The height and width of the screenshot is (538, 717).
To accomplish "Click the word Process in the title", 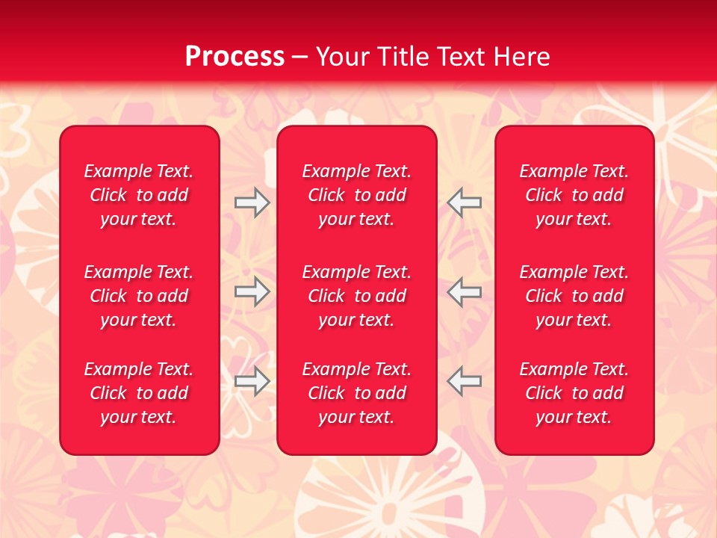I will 235,57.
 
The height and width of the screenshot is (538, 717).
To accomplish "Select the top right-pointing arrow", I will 252,202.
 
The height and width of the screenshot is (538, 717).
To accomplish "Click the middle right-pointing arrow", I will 252,291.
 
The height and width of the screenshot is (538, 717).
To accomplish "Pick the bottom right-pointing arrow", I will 252,381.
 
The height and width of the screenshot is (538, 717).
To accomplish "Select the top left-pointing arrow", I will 465,202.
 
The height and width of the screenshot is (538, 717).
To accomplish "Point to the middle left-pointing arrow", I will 465,291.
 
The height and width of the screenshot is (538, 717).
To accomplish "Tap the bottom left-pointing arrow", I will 465,381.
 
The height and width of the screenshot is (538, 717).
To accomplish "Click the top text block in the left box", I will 139,195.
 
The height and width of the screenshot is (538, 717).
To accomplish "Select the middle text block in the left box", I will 139,296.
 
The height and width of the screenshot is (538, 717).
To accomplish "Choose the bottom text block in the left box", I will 139,393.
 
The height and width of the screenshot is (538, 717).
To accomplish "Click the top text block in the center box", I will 356,195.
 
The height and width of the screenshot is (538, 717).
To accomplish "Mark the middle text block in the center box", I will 356,296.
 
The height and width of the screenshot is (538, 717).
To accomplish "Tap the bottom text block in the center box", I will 356,393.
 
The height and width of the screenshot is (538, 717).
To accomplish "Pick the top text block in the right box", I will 574,195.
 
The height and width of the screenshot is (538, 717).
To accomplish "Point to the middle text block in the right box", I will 574,296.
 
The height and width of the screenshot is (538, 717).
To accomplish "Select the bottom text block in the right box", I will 574,393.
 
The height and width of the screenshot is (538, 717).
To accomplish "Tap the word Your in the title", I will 342,57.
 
